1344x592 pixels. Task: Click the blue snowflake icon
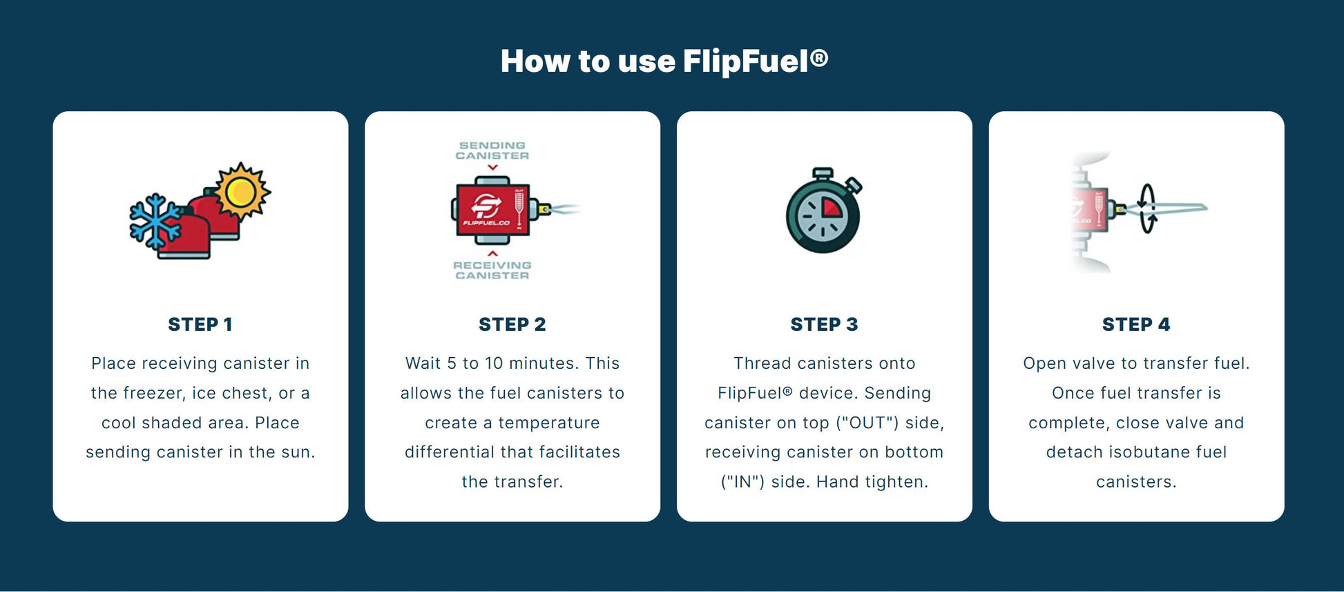click(155, 221)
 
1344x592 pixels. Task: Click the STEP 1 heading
click(200, 324)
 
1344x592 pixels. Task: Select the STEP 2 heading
click(512, 324)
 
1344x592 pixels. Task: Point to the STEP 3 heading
click(824, 324)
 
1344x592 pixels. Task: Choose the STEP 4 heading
click(1136, 324)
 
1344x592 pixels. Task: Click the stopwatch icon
click(823, 210)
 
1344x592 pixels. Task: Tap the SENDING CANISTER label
click(492, 151)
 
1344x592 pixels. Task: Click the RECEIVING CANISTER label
click(492, 270)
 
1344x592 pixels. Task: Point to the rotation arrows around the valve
click(1147, 208)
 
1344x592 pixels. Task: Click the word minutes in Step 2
click(540, 363)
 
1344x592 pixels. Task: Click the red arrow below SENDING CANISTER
click(492, 167)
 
